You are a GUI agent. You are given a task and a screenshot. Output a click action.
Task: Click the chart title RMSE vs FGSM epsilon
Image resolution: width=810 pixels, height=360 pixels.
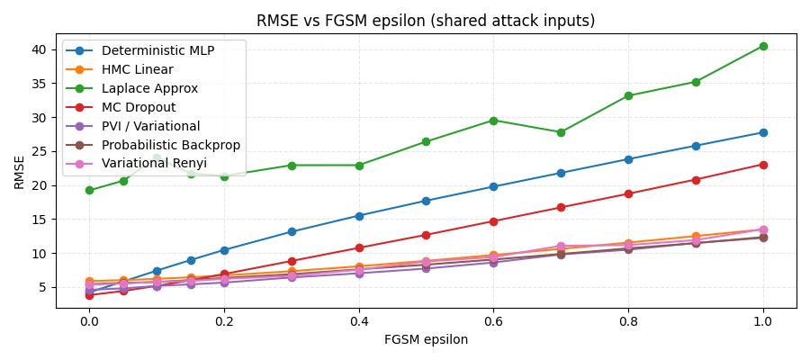point(425,21)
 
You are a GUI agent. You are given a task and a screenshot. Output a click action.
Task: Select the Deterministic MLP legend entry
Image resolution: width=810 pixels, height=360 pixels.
point(157,50)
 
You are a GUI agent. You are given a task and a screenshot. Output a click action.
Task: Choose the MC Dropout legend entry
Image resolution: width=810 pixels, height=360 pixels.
point(139,107)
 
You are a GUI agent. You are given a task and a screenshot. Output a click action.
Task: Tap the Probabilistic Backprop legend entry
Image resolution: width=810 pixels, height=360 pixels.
point(171,145)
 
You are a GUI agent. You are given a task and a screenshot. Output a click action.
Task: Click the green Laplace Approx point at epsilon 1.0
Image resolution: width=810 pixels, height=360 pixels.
point(763,46)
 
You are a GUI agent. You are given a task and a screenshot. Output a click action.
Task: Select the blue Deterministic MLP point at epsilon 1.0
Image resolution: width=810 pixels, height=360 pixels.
point(763,132)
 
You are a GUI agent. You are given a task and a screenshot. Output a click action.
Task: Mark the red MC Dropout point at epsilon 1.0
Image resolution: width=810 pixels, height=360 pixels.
point(763,165)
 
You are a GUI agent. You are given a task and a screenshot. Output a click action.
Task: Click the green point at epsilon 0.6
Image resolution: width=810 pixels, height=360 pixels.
point(493,121)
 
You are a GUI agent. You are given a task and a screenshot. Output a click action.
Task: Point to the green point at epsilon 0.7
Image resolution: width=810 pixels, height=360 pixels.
point(561,132)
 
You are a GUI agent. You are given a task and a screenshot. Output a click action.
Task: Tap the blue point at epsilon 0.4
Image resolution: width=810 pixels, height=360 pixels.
point(359,216)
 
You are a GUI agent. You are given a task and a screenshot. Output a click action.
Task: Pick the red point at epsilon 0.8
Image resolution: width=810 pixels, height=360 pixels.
point(628,193)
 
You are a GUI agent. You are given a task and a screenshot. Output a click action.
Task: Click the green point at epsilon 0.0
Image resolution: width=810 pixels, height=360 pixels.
point(89,190)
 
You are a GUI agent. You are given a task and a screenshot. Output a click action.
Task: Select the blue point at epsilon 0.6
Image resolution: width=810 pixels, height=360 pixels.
point(493,186)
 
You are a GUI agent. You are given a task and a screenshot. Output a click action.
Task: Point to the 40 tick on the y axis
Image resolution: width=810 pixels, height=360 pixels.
point(40,49)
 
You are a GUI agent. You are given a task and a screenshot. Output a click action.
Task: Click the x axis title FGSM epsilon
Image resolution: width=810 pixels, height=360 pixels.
point(425,340)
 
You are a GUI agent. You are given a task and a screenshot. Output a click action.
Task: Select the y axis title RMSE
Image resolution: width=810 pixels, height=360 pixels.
point(20,171)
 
